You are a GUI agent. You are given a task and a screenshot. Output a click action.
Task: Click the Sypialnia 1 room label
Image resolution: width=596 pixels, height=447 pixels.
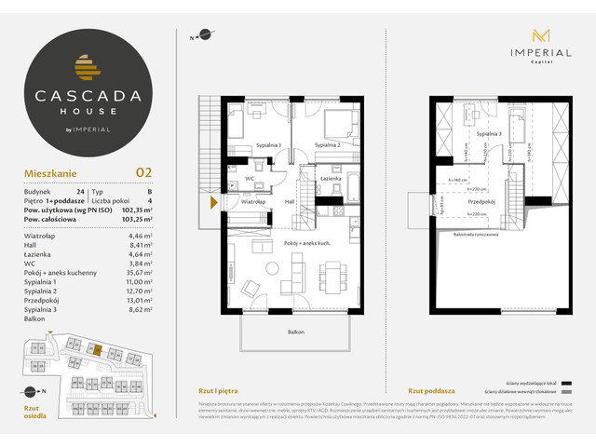268,146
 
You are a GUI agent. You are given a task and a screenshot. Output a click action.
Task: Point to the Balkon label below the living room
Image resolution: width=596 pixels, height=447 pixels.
296,332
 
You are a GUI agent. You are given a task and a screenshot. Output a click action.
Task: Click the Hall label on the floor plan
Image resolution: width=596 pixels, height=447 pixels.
289,200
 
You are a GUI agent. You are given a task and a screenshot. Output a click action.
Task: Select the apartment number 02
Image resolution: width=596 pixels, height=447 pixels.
144,171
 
